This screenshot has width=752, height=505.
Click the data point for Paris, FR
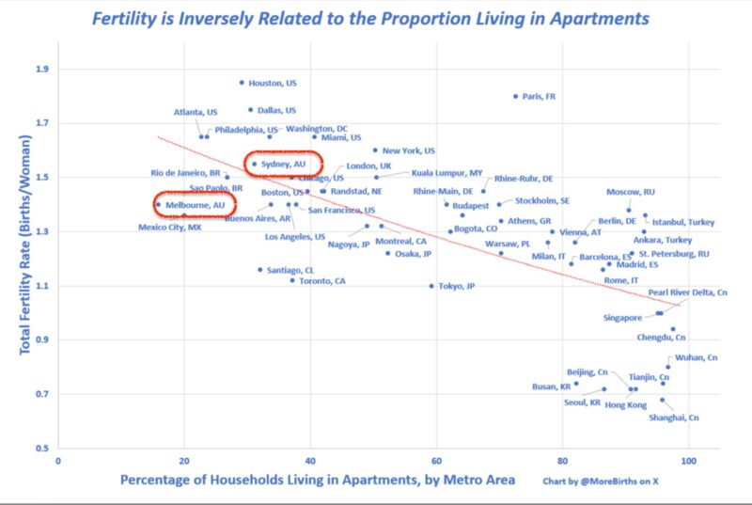pyautogui.click(x=516, y=96)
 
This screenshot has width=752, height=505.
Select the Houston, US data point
pyautogui.click(x=242, y=83)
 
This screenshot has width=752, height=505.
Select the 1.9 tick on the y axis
pyautogui.click(x=41, y=69)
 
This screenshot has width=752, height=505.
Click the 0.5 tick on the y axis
pyautogui.click(x=41, y=448)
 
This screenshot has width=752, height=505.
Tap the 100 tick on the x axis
pyautogui.click(x=689, y=462)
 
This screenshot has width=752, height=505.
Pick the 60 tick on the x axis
pyautogui.click(x=436, y=462)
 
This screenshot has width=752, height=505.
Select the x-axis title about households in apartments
pyautogui.click(x=318, y=481)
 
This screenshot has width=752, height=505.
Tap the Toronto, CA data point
pyautogui.click(x=292, y=280)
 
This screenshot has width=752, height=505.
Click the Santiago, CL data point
pyautogui.click(x=260, y=270)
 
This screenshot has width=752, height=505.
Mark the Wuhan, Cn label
pyautogui.click(x=697, y=357)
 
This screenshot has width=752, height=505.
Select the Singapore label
pyautogui.click(x=622, y=318)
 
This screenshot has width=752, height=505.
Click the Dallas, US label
pyautogui.click(x=276, y=110)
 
